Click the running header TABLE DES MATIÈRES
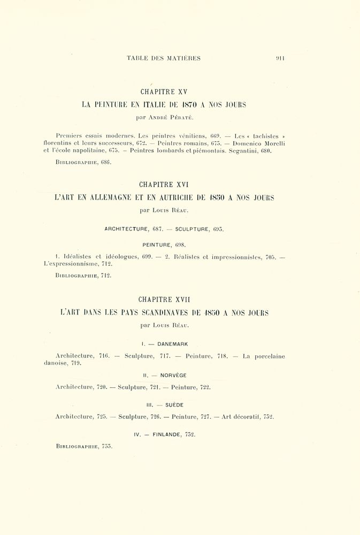(164, 58)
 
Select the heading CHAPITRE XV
(164, 92)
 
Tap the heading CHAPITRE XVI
(164, 185)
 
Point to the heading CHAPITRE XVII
(164, 300)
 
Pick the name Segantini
(243, 151)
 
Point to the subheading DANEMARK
(172, 344)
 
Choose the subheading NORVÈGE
(173, 376)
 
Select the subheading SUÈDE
(174, 405)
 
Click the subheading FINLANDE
(166, 434)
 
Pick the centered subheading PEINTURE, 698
(164, 244)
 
